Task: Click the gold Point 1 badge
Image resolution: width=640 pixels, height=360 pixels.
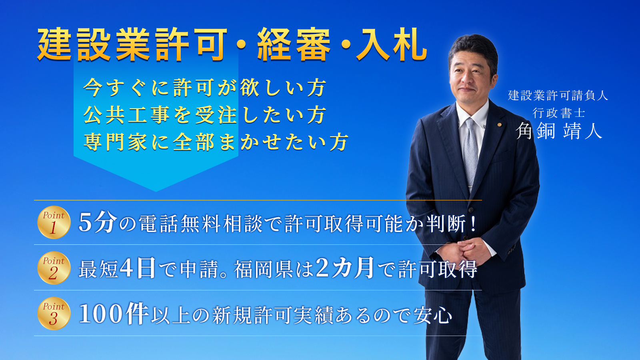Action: pyautogui.click(x=54, y=222)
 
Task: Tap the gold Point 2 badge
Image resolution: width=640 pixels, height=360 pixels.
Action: pyautogui.click(x=54, y=268)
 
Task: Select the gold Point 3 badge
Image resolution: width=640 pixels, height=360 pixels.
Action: pyautogui.click(x=54, y=314)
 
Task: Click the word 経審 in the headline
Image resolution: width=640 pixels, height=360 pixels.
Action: pyautogui.click(x=294, y=44)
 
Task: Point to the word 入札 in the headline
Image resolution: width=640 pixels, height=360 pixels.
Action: pyautogui.click(x=392, y=44)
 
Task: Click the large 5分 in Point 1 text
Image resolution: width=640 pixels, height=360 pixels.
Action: pyautogui.click(x=98, y=223)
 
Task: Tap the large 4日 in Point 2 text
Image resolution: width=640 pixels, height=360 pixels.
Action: pyautogui.click(x=138, y=268)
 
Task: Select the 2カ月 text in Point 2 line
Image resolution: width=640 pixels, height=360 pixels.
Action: pyautogui.click(x=345, y=268)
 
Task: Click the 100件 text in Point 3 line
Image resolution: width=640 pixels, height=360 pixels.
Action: pyautogui.click(x=114, y=314)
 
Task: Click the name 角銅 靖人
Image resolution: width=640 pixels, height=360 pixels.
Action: pyautogui.click(x=559, y=131)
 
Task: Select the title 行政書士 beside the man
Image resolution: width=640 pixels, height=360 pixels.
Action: pyautogui.click(x=558, y=113)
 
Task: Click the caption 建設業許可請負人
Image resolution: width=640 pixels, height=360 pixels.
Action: pyautogui.click(x=558, y=95)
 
